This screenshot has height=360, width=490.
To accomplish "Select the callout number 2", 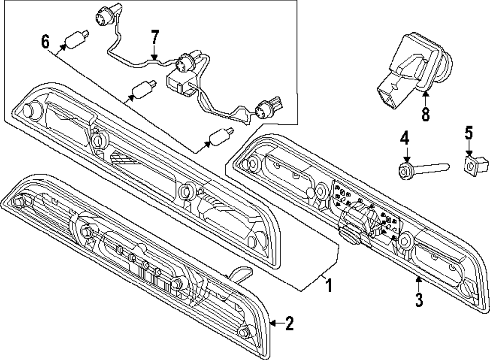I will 289,323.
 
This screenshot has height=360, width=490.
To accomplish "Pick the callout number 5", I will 469,133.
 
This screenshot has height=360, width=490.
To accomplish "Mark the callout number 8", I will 425,114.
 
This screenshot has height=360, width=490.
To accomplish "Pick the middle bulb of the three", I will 144,89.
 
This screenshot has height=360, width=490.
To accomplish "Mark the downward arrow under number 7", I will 154,55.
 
